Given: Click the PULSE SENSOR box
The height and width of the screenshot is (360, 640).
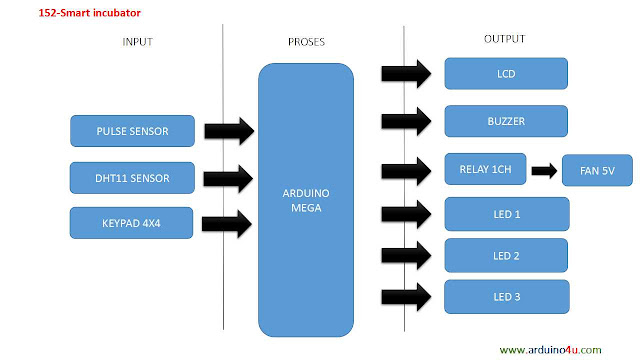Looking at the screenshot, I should coord(132,131).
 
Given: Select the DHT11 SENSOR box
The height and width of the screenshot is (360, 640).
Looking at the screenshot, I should coord(132,178).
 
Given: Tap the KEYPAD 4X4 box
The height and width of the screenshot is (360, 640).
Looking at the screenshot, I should coord(132,223).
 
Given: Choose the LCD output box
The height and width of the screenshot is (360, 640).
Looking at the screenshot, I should coord(506,73).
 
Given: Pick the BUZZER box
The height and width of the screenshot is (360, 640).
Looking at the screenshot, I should coord(506,121).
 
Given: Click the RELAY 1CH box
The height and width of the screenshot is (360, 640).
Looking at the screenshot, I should coord(485,169).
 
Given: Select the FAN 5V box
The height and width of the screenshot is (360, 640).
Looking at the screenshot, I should coord(596,172).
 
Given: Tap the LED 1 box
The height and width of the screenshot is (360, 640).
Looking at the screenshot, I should coord(506,213).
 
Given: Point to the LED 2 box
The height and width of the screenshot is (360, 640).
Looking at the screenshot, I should coord(506,255).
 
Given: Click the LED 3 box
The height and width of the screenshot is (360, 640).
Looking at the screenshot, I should coord(506,296).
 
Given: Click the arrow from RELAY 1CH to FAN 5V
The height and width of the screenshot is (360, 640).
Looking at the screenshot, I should coord(544,171).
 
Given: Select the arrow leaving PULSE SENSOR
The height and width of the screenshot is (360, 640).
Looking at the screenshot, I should coord(230,131).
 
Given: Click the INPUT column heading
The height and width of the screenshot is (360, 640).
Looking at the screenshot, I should coord(138,42).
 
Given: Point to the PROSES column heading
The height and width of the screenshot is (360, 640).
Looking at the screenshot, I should coord(305,42).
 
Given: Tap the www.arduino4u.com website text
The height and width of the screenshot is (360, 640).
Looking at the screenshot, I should coord(550,349).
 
